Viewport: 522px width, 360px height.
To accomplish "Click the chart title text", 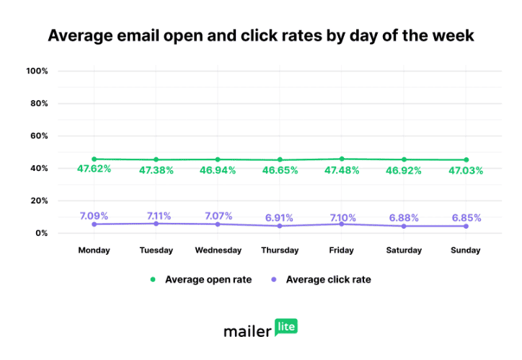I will pos(261,35).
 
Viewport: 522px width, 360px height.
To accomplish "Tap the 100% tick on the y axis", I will pos(37,71).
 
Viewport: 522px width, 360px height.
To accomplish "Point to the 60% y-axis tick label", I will pos(38,136).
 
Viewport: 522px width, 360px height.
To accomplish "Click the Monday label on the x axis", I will pos(94,250).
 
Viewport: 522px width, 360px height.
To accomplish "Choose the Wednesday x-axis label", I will pos(218,250).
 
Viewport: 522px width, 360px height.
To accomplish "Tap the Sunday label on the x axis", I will pos(466,250).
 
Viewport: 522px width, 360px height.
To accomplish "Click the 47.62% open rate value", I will pos(94,171).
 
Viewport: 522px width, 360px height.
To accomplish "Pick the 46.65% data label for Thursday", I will pos(280,172).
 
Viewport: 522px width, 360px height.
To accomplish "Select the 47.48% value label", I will pos(342,171).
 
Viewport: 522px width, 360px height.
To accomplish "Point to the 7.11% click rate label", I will pos(156,216).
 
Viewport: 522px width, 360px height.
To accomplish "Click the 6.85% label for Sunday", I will pos(466,217).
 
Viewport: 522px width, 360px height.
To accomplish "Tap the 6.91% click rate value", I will pos(280,216).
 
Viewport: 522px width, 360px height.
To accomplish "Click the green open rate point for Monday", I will pos(94,159).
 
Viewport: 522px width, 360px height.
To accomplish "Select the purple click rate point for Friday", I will pos(342,224).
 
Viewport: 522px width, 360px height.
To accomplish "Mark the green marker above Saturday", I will pos(404,159).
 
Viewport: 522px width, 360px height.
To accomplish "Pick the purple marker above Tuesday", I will pos(156,223).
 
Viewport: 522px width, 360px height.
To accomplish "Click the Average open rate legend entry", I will pos(201,279).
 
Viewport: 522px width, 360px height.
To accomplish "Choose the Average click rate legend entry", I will pos(321,279).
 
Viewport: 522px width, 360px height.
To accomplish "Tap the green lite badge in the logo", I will pos(286,327).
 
